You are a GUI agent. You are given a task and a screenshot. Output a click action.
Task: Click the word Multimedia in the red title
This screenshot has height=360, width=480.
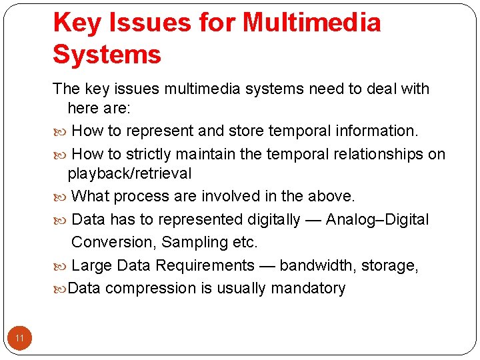(311, 23)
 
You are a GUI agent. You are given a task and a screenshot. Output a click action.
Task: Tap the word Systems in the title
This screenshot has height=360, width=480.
(107, 54)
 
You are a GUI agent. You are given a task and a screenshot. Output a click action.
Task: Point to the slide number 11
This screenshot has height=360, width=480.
(19, 339)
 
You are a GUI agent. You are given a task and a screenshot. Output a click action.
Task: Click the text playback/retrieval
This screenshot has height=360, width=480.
(129, 174)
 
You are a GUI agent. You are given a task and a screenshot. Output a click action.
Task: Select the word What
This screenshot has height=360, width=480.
(90, 196)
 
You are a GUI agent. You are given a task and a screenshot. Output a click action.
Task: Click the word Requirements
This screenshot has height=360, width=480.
(205, 265)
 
